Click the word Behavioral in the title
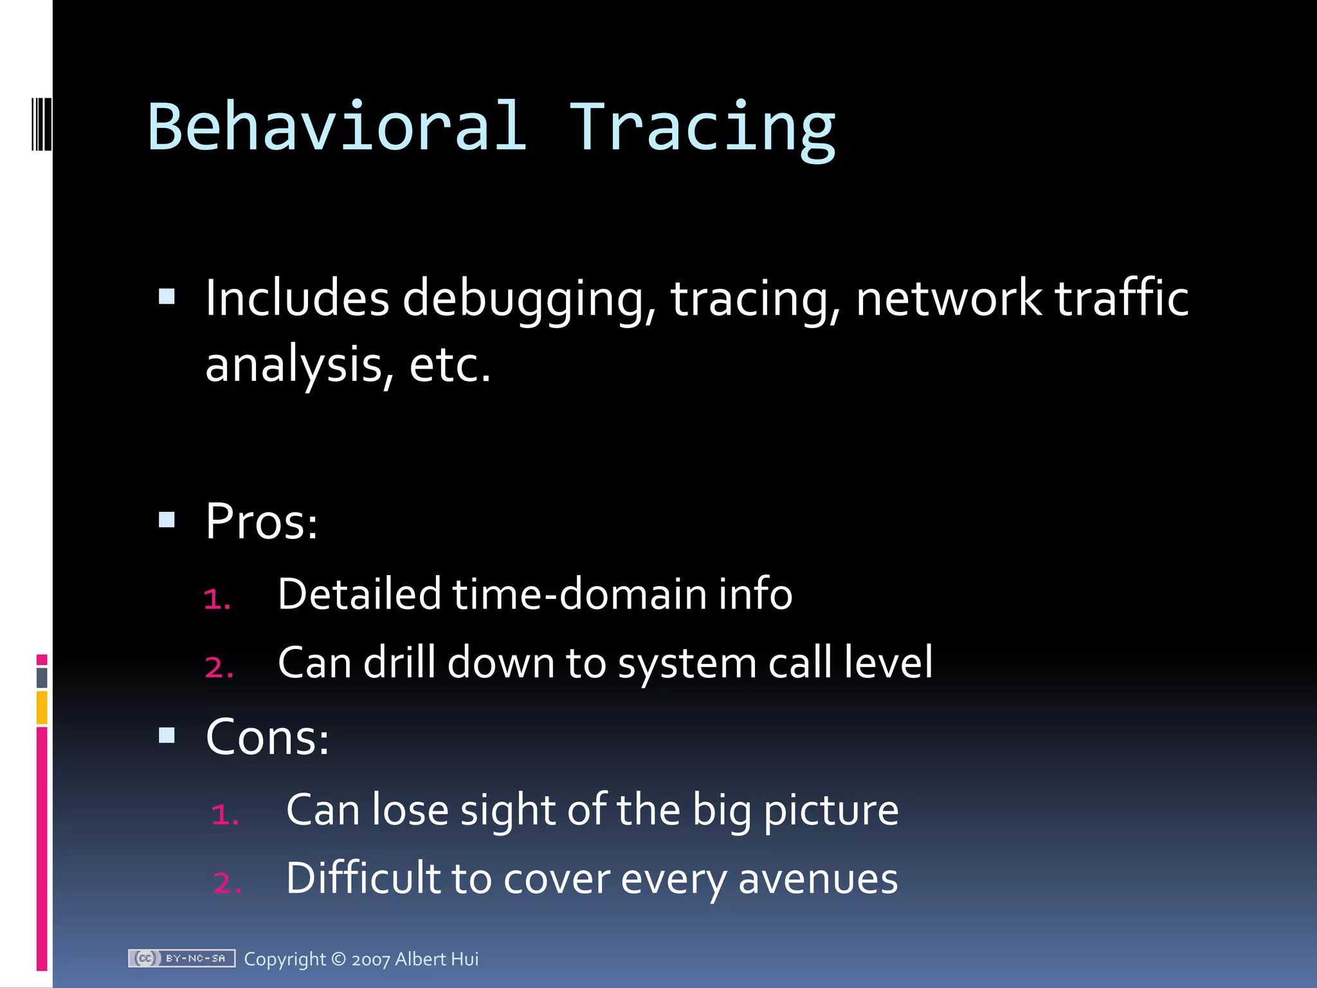point(337,127)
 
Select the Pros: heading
point(261,521)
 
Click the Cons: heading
point(267,737)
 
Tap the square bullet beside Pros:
point(167,520)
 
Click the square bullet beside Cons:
point(167,735)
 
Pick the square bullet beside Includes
point(167,297)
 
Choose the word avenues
point(817,879)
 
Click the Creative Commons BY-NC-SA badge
point(181,958)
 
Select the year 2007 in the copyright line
point(370,960)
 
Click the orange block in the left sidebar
point(42,707)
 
